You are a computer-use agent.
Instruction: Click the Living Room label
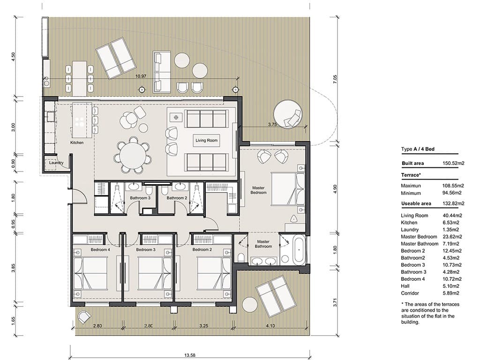pos(207,140)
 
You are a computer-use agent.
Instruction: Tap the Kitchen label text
pos(77,142)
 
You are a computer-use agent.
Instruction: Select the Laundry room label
pos(56,163)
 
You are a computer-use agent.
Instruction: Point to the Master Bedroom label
pos(258,190)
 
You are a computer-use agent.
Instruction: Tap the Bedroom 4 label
pos(100,250)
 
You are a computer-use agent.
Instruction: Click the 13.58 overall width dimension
pos(189,355)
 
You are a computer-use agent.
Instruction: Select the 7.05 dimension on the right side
pos(335,79)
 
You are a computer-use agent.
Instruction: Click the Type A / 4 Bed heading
pos(418,149)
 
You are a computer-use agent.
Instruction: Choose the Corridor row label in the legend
pos(410,293)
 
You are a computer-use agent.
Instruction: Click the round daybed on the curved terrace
pos(287,114)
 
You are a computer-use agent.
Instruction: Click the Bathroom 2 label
pos(176,198)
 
